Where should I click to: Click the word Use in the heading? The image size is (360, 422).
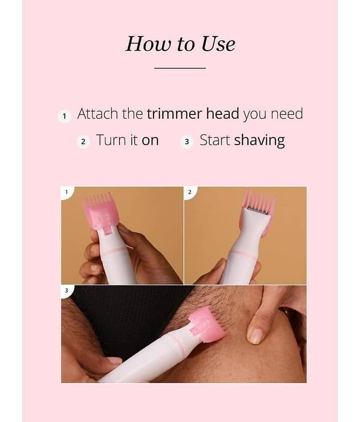(218, 44)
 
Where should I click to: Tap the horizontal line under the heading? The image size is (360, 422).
(180, 68)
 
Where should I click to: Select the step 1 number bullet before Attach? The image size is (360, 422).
(64, 116)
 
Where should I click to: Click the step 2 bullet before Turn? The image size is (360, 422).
(83, 141)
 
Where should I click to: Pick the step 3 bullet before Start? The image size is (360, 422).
(187, 141)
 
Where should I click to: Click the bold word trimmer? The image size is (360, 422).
(174, 113)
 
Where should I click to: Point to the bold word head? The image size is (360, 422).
(222, 113)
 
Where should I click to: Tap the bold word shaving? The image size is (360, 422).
(259, 141)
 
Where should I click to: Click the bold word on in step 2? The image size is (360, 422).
(150, 141)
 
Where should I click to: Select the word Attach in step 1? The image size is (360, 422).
(98, 113)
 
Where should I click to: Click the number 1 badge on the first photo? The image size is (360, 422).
(66, 192)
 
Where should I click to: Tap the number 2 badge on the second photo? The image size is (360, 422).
(190, 192)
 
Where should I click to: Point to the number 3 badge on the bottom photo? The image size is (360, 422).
(66, 291)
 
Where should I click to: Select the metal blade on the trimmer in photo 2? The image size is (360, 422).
(258, 210)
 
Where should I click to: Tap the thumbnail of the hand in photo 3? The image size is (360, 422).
(255, 337)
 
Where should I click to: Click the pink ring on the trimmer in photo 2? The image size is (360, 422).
(245, 254)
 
